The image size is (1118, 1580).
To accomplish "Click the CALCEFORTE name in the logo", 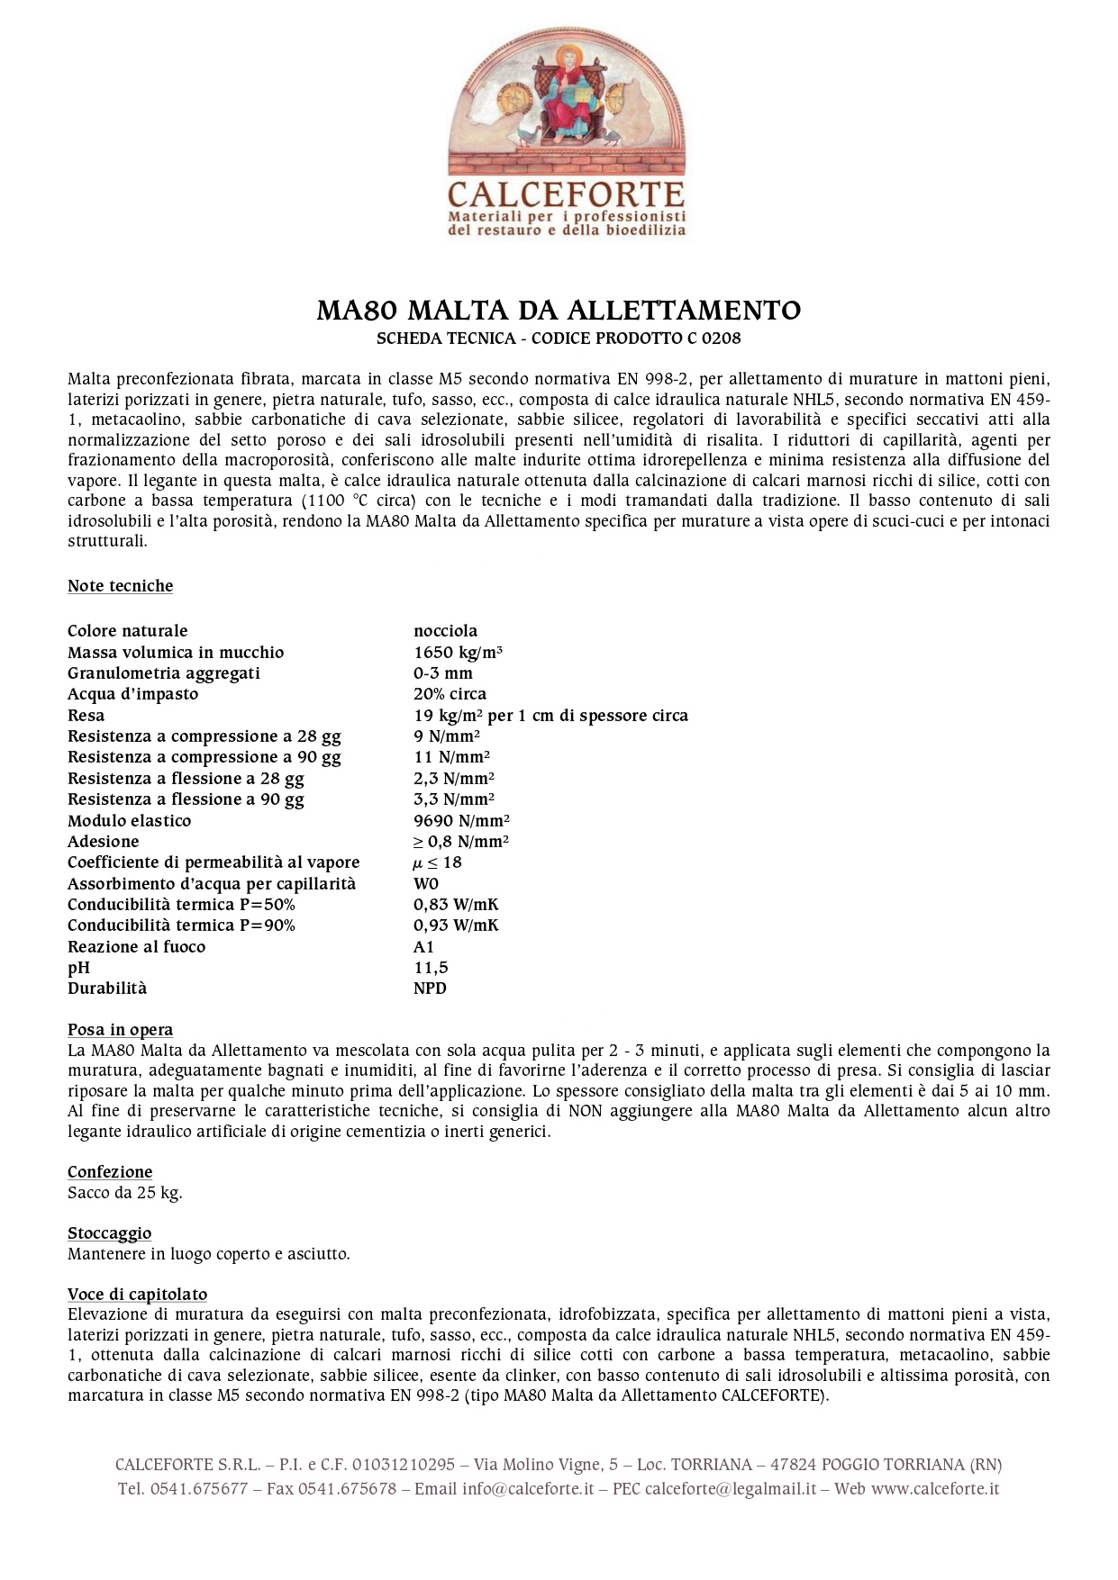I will tap(566, 194).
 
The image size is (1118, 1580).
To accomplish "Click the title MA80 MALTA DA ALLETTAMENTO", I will tap(559, 311).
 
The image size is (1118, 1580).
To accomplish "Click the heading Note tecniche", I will tap(120, 586).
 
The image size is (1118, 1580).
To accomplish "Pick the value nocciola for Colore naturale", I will tap(445, 631).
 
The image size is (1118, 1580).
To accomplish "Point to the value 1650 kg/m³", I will tap(458, 653).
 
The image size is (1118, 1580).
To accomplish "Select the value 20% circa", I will tap(450, 694).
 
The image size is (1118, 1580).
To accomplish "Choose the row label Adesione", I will tap(103, 842).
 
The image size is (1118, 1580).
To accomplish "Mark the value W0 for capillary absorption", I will tap(426, 884).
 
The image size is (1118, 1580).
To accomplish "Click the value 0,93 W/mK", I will tap(456, 925).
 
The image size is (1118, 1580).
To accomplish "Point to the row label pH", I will tap(78, 968).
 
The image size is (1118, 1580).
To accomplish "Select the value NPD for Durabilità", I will tap(430, 989).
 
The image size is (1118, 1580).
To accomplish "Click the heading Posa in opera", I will tap(120, 1030).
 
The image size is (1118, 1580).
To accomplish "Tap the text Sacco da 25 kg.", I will tap(124, 1193).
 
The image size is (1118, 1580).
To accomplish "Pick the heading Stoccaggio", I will tap(109, 1233).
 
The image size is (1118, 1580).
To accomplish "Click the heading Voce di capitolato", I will tap(137, 1295).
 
